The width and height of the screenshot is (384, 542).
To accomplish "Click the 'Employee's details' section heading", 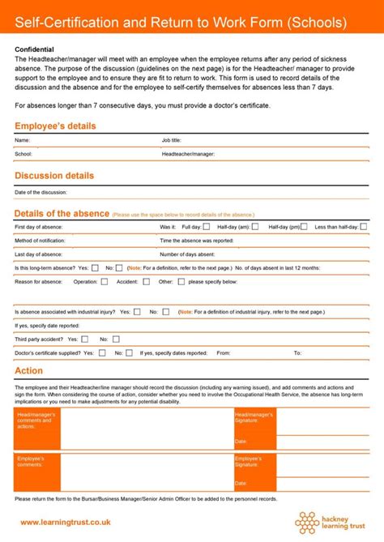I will tap(55, 126).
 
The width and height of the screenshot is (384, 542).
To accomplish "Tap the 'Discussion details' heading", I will tap(54, 176).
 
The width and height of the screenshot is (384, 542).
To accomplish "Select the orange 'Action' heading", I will tap(29, 370).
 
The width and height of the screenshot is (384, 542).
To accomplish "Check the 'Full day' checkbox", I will tap(207, 227).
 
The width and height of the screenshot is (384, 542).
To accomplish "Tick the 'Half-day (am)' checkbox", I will tap(254, 227).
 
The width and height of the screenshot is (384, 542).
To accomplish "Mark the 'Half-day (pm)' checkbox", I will tap(305, 227).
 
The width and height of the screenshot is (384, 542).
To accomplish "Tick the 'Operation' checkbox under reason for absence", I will tap(105, 281).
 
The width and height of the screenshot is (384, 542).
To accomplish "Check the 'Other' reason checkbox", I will tap(180, 281).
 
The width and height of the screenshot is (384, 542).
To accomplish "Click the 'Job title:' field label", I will tap(172, 140).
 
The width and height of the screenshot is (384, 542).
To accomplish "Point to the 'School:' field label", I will tap(23, 153).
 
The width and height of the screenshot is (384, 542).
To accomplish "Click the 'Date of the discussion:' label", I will tap(41, 193).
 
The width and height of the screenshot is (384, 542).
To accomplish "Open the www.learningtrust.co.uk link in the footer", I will tap(65, 522).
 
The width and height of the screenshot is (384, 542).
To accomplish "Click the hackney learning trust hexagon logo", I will tap(311, 522).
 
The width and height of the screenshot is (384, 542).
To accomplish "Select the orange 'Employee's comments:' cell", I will tap(37, 474).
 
